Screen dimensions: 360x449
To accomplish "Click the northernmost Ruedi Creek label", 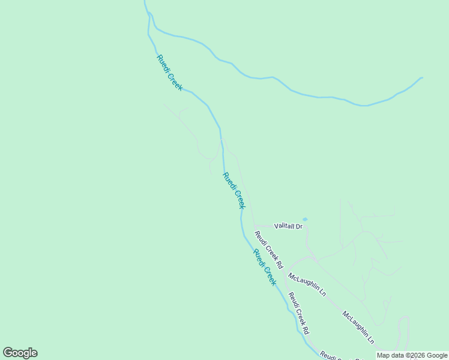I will pyautogui.click(x=169, y=73).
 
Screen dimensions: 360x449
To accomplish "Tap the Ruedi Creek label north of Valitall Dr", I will pyautogui.click(x=234, y=190).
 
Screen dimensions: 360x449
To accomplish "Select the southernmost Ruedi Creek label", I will pyautogui.click(x=265, y=267).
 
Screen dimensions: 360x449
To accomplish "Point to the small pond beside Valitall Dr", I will pyautogui.click(x=305, y=219).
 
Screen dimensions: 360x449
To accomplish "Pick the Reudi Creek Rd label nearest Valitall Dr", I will pyautogui.click(x=268, y=249).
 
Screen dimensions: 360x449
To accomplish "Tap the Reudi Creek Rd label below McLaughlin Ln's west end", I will pyautogui.click(x=298, y=313).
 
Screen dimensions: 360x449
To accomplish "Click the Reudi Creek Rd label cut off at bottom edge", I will pyautogui.click(x=336, y=355).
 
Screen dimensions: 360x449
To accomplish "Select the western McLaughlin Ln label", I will pyautogui.click(x=307, y=284).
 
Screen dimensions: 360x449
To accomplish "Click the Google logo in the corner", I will pyautogui.click(x=20, y=353).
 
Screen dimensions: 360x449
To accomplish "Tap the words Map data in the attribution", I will pyautogui.click(x=390, y=355).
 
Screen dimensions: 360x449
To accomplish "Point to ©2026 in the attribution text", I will pyautogui.click(x=415, y=355).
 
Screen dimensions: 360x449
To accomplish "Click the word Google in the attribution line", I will pyautogui.click(x=437, y=355).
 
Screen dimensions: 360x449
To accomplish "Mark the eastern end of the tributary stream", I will pyautogui.click(x=421, y=77).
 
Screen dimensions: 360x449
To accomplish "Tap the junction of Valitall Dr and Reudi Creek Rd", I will pyautogui.click(x=254, y=226).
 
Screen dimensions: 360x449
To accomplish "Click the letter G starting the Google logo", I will pyautogui.click(x=8, y=353).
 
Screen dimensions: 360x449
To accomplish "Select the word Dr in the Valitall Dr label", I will pyautogui.click(x=298, y=226).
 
